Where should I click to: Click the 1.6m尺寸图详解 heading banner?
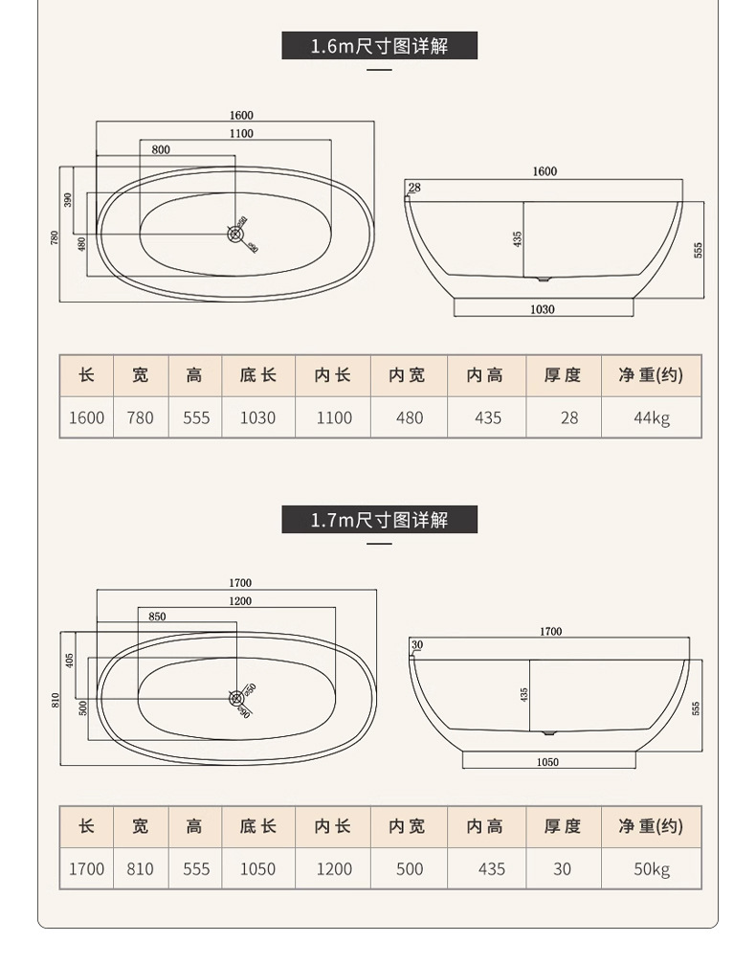point(379,45)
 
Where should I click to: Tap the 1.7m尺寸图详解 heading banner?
point(379,520)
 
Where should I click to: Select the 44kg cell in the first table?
point(652,417)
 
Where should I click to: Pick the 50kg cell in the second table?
point(652,869)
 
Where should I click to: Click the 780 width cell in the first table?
point(140,417)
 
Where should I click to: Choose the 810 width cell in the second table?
point(140,869)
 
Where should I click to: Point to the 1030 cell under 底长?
point(257,417)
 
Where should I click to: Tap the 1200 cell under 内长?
point(334,869)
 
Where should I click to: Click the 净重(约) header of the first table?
point(652,375)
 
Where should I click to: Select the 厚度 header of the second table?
point(563,826)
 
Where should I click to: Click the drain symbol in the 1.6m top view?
point(236,232)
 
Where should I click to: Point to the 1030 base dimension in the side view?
point(543,309)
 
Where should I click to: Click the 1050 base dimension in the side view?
point(548,762)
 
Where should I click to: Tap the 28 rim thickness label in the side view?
point(414,188)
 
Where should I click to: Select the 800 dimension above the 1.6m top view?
point(161,149)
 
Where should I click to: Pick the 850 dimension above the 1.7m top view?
point(157,617)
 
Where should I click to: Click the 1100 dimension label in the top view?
point(241,134)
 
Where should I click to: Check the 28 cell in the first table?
point(569,417)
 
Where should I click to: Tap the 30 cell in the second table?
point(562,869)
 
